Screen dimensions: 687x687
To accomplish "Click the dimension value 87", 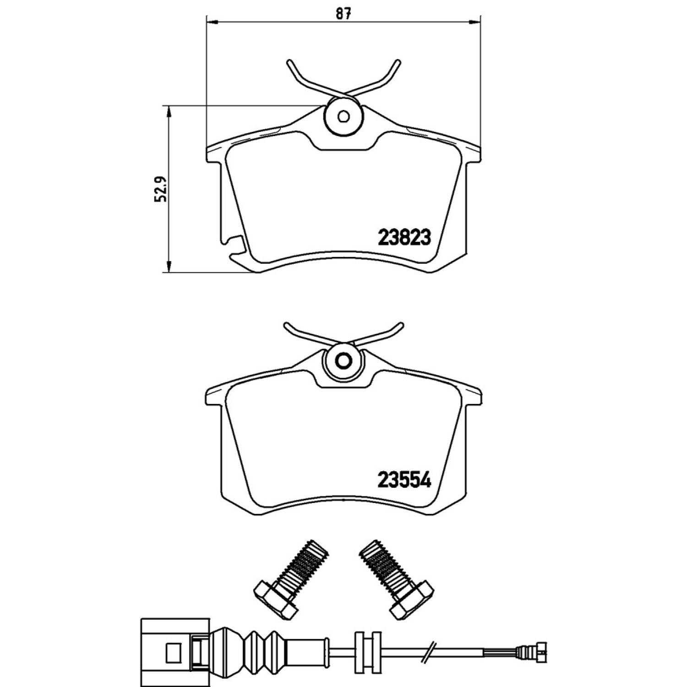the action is pos(343,14).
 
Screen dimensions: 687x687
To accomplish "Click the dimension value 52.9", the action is pos(160,189).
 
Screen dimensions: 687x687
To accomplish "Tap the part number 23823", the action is pos(404,238).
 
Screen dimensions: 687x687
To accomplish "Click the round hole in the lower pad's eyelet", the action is pos(343,361).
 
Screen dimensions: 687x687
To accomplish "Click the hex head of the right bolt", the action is pos(412,600).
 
